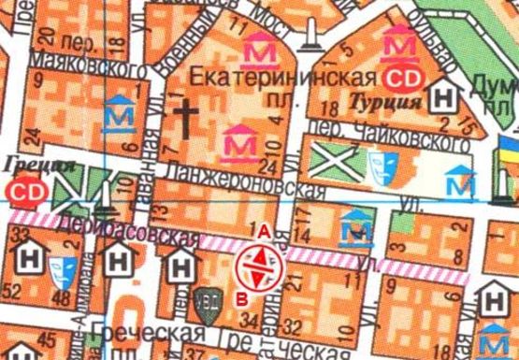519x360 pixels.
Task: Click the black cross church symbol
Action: (187, 117)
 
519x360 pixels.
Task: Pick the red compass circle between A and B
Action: (259, 265)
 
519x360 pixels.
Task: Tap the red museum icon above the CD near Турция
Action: (403, 43)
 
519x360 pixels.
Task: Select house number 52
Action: (14, 295)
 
